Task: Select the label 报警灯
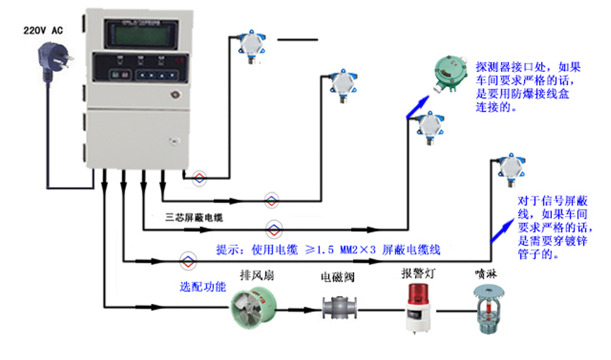click(x=417, y=274)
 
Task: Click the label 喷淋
click(x=484, y=274)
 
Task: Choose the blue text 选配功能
click(x=203, y=286)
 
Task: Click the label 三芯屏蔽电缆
click(x=194, y=217)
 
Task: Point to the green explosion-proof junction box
click(x=451, y=73)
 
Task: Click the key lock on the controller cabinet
click(x=173, y=94)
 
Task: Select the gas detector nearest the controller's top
click(x=250, y=45)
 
